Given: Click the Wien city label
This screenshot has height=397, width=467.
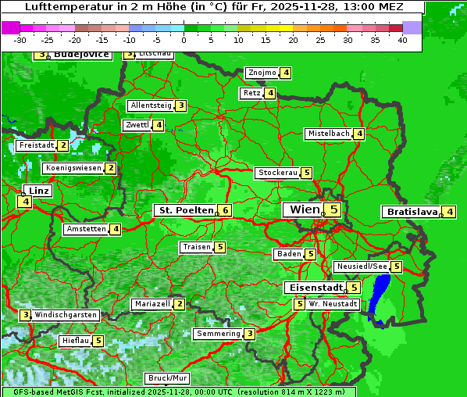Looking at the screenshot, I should [305, 209].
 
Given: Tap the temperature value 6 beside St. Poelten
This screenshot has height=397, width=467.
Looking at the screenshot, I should [224, 210].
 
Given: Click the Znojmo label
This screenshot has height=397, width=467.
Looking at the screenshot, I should [261, 73].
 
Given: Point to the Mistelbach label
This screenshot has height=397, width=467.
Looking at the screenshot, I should [328, 134].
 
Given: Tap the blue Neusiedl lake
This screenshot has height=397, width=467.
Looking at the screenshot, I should [380, 297].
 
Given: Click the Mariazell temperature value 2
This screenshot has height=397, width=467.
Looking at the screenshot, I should [180, 304].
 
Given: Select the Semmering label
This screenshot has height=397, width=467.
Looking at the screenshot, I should [218, 334].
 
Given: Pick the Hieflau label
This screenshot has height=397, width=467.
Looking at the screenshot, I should [75, 341].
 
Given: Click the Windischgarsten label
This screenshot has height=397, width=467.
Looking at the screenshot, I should [66, 314].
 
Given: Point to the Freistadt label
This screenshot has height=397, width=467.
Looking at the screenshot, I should [36, 145].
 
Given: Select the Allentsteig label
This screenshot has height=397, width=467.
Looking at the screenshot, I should [151, 106].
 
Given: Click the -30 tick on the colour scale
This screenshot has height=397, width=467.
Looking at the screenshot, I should [20, 39].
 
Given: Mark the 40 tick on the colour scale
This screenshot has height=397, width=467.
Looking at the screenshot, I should [403, 39].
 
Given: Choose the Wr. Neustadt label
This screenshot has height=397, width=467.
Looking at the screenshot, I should [333, 303].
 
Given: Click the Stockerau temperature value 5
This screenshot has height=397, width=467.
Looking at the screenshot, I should [307, 173].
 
